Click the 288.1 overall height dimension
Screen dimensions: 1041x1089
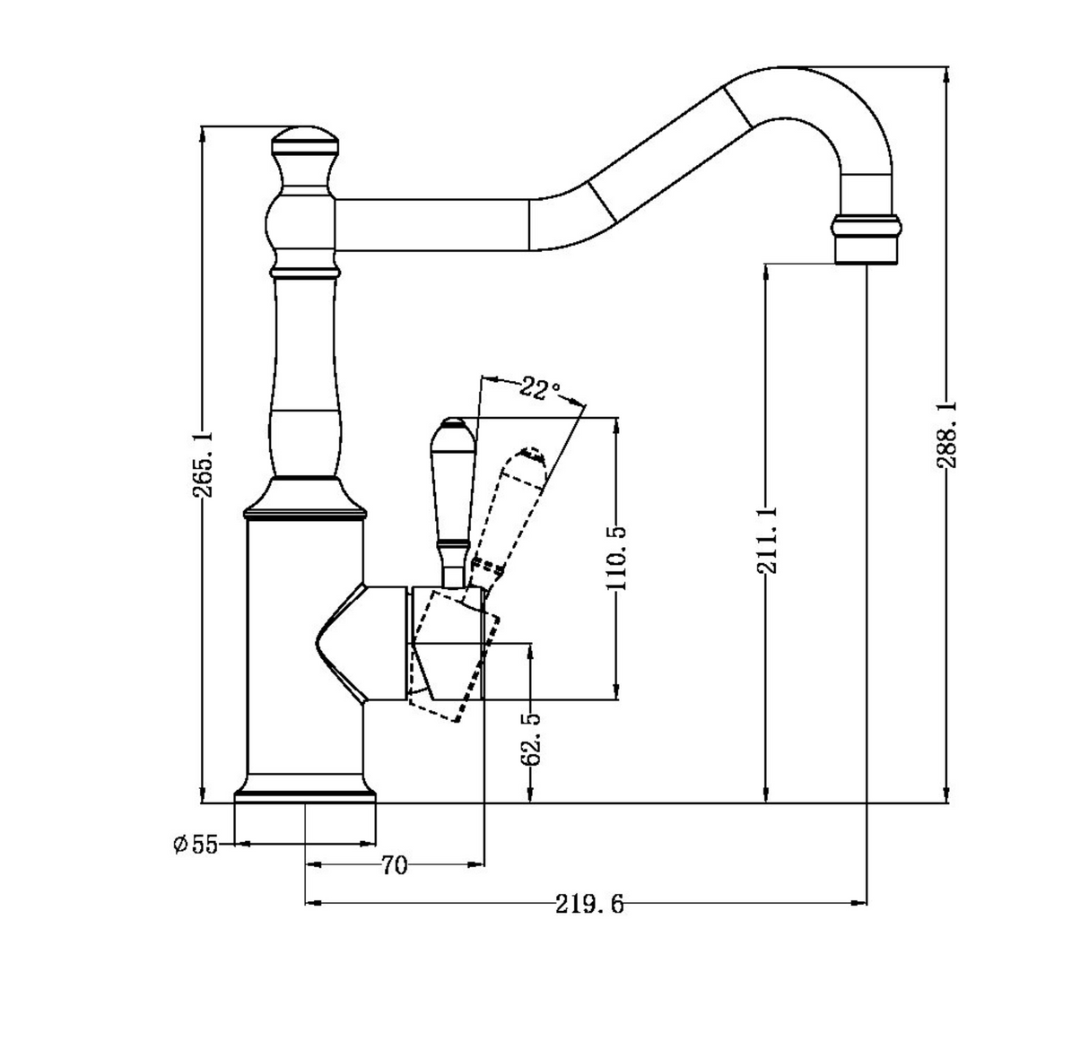tap(946, 434)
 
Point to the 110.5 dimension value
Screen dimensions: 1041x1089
tap(616, 558)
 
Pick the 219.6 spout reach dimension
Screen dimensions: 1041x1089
tap(588, 904)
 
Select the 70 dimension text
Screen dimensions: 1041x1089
tap(394, 865)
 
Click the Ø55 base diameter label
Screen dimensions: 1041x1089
tap(196, 844)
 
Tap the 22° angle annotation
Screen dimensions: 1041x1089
tap(539, 389)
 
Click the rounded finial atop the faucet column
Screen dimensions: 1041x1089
tap(305, 139)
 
